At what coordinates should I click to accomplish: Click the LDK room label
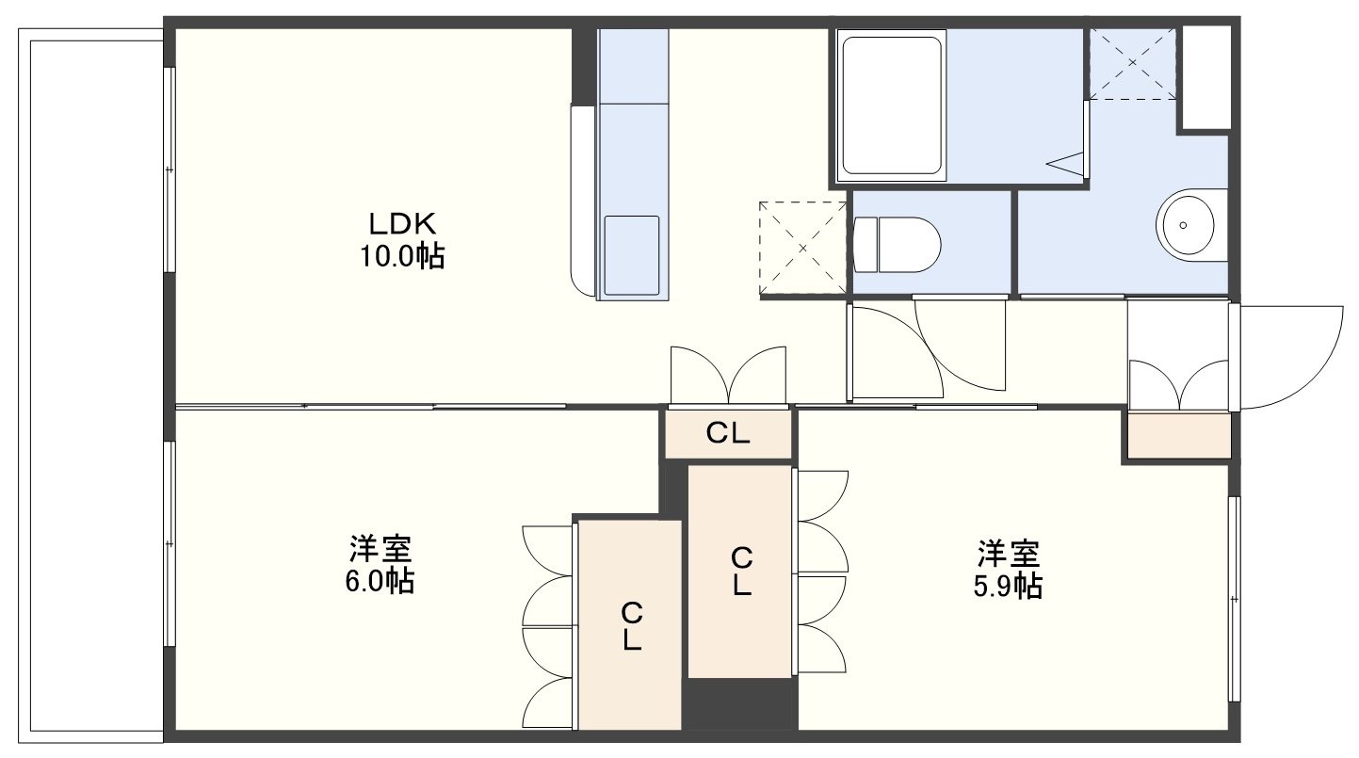[403, 224]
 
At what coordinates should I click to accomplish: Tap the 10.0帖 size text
[403, 256]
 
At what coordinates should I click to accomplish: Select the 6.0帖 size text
[380, 582]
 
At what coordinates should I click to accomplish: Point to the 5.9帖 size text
[1009, 587]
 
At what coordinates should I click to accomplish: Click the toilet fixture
[897, 245]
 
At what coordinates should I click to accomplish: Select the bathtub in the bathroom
[892, 105]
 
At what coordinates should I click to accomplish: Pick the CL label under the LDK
[728, 433]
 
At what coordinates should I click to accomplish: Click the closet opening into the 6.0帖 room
[630, 624]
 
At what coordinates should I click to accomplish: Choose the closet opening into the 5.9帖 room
[739, 572]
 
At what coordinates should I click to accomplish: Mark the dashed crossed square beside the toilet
[802, 249]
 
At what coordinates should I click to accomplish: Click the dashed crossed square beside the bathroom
[1132, 63]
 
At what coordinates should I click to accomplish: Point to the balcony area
[91, 386]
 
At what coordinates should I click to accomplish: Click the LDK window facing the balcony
[170, 169]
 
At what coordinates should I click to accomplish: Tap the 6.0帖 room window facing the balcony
[170, 544]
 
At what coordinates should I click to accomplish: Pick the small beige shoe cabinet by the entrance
[1179, 436]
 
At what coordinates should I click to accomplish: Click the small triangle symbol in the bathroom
[1065, 162]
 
